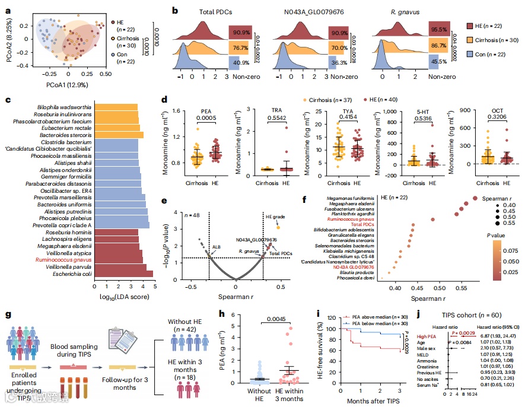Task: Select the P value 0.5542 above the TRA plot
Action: tap(272, 118)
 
